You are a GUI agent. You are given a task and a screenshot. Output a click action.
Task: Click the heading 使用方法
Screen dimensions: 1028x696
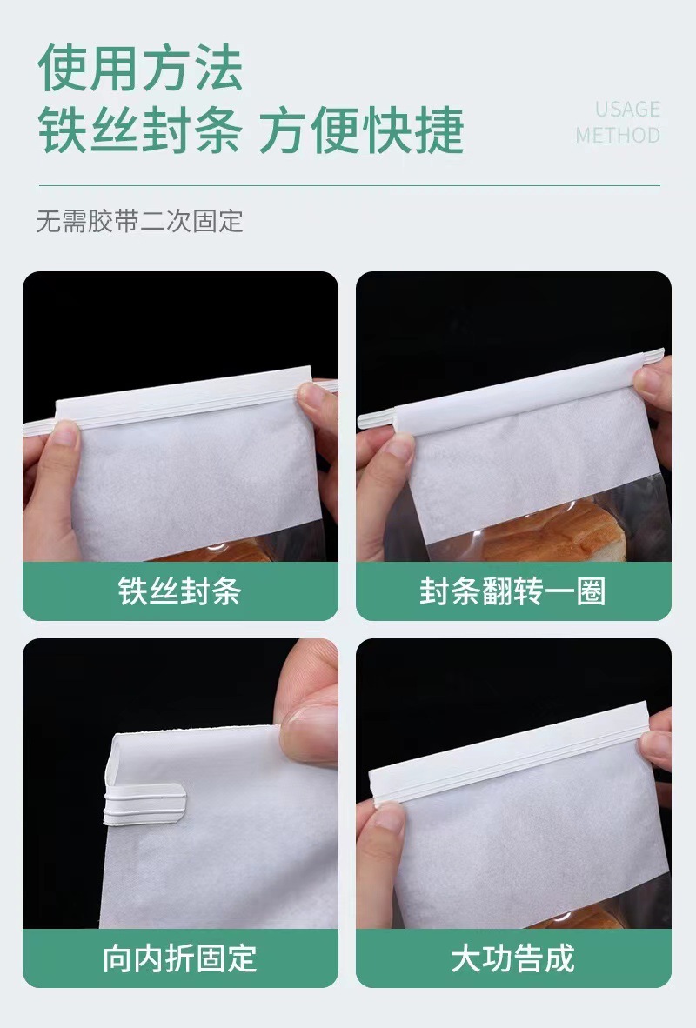click(x=140, y=70)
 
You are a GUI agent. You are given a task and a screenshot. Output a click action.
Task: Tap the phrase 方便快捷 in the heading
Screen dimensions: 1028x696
click(x=362, y=130)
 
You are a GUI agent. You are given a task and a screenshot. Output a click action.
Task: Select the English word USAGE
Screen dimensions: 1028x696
click(x=627, y=110)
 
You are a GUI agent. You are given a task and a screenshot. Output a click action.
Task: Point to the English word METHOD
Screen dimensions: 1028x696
click(x=618, y=136)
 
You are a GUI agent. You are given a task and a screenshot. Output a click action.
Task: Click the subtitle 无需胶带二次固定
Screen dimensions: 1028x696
click(x=139, y=221)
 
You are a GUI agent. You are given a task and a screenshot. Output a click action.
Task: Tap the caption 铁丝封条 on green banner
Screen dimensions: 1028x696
click(x=179, y=591)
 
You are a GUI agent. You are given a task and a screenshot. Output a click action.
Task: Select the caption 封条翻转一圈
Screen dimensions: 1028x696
click(x=512, y=591)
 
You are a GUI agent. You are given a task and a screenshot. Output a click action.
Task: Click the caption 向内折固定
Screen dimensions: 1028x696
click(x=179, y=958)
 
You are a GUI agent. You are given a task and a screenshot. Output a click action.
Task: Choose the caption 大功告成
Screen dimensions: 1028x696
click(x=512, y=958)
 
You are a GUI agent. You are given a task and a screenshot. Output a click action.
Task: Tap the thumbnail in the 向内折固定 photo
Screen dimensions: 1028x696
click(x=309, y=722)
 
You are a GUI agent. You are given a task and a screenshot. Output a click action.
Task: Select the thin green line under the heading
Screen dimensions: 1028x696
click(x=348, y=185)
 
